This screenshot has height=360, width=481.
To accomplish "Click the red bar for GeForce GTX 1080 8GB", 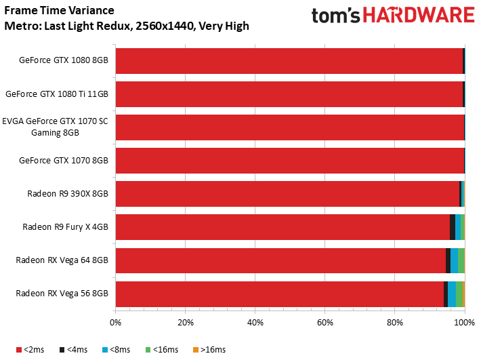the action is click(x=289, y=61).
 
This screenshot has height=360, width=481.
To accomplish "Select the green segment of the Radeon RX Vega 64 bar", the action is click(x=461, y=260).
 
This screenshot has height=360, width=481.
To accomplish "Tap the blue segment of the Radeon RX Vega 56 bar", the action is click(x=452, y=294).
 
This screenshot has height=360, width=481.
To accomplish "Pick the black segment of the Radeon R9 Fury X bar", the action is click(x=452, y=227).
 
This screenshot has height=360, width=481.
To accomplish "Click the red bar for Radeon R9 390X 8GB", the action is click(x=288, y=194).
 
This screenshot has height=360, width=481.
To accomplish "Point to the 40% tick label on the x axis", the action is click(x=255, y=323).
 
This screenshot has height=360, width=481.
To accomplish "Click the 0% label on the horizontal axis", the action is click(x=115, y=323).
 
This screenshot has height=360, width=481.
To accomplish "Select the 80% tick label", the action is click(x=394, y=323).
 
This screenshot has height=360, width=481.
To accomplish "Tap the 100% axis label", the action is click(x=465, y=323).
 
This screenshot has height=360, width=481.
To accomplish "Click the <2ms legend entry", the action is click(x=30, y=350).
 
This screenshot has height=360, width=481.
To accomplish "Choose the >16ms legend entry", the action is click(x=209, y=350).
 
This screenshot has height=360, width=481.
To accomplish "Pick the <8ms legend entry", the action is click(x=117, y=350).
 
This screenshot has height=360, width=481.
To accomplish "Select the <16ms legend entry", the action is click(x=162, y=350).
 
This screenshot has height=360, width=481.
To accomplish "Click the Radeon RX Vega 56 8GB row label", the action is click(x=62, y=294).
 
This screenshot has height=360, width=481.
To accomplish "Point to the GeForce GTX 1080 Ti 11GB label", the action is click(x=57, y=94).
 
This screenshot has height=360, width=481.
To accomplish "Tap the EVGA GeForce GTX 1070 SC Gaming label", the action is click(x=56, y=127).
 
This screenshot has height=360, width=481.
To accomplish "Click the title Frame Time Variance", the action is click(x=59, y=10).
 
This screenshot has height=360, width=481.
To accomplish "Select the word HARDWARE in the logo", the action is click(x=419, y=15).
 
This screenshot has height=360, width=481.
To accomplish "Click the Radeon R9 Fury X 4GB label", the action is click(x=65, y=227).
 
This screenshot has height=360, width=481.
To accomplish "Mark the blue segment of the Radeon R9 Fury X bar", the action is click(x=458, y=227).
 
